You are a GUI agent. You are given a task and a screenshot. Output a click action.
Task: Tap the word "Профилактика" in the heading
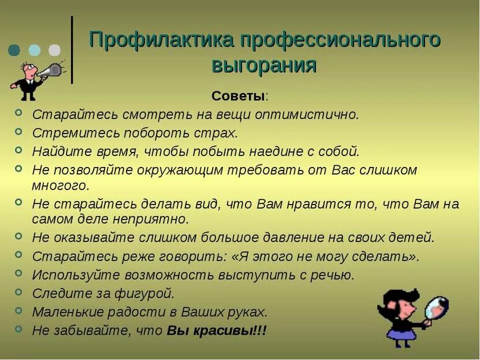(161, 40)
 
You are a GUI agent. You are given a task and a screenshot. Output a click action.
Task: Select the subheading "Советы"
(239, 95)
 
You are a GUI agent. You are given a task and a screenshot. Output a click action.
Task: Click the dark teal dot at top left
(14, 50)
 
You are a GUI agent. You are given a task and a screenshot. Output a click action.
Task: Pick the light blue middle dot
(35, 50)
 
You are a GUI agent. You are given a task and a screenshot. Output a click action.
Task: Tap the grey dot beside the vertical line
(54, 50)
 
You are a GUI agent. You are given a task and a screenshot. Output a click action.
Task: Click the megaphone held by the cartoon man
(50, 70)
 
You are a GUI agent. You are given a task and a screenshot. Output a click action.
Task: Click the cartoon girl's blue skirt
(400, 333)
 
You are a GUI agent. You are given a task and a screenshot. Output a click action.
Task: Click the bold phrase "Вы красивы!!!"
(217, 331)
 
